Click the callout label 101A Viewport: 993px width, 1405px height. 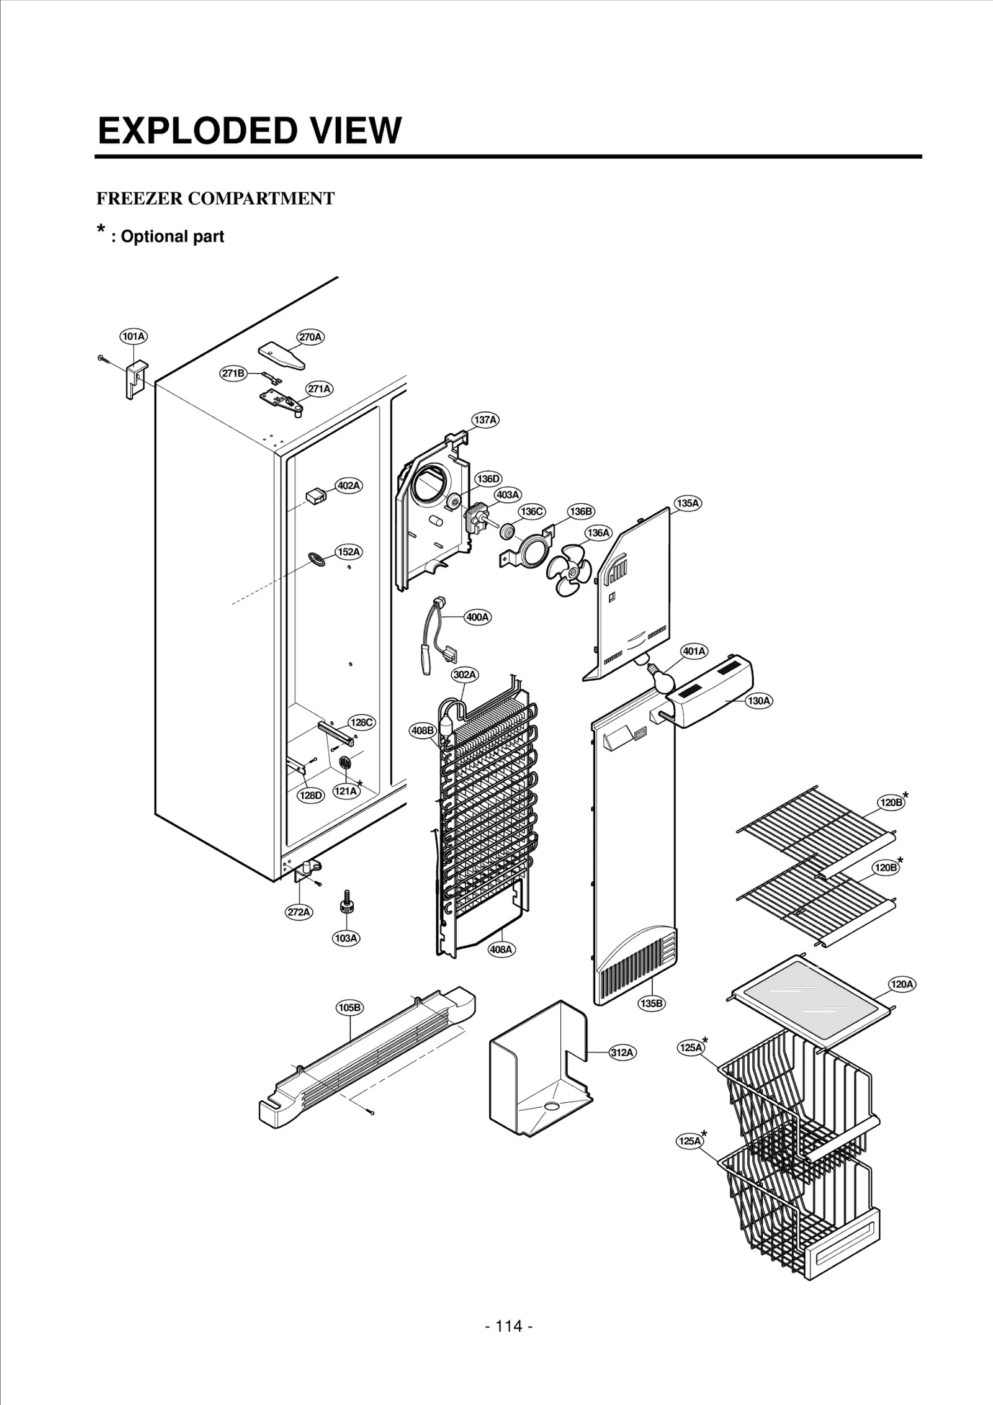133,336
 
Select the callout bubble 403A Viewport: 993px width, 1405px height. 507,495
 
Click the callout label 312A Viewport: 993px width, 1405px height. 622,1052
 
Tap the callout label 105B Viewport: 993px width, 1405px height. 349,1007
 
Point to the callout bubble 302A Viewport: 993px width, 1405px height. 465,674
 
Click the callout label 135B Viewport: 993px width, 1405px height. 652,1003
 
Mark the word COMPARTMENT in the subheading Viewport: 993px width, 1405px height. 261,199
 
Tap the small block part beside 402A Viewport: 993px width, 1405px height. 316,496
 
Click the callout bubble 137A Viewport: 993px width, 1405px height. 485,420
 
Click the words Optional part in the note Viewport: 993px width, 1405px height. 172,236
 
